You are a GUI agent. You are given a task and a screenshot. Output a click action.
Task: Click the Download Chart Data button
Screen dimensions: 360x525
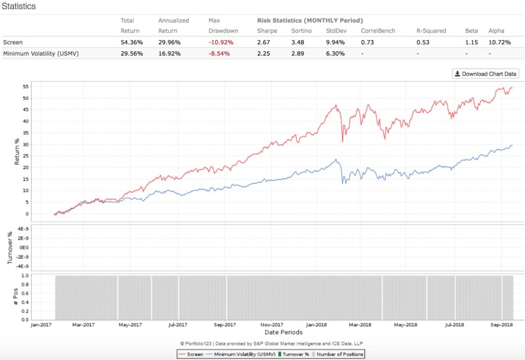486,74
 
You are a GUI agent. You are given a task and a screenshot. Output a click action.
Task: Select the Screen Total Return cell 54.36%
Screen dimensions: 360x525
132,41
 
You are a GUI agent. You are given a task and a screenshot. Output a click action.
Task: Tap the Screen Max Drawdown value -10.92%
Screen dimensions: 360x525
219,41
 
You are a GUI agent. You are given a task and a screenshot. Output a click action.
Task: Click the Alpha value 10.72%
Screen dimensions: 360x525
499,41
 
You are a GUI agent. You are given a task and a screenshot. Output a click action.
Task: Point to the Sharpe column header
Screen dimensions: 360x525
266,30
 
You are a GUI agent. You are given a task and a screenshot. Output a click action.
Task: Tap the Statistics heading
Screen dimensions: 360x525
18,7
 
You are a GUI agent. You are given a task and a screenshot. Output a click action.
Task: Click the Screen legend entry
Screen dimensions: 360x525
191,354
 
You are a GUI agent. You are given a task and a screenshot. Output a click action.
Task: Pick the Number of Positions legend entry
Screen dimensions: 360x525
337,354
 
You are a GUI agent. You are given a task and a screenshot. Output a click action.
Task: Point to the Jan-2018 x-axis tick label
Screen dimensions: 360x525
316,325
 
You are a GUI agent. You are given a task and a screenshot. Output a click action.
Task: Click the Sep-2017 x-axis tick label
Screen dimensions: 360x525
226,325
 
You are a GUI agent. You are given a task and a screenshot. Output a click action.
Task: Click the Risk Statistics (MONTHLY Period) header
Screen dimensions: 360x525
310,21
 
